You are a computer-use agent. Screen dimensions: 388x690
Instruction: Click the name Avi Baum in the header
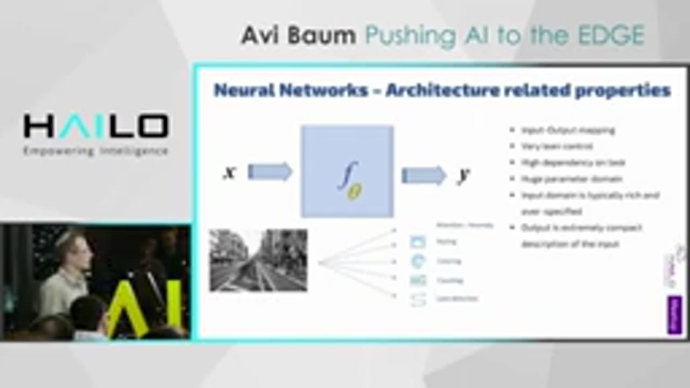pos(298,36)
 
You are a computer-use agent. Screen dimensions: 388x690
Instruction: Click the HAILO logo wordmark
pos(96,126)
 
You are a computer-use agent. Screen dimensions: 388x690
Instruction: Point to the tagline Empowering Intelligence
pos(96,151)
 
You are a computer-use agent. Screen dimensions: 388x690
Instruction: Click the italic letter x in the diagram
pos(230,172)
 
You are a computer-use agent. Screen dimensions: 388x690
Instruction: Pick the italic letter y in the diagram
pos(463,176)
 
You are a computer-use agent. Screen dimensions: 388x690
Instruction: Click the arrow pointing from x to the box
pos(270,172)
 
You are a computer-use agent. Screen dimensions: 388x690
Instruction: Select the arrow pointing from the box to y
pos(424,175)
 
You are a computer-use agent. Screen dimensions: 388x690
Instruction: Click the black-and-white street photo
pos(258,260)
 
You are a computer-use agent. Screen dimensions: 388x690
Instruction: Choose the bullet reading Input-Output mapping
pos(568,130)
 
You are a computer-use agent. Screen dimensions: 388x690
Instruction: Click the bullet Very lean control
pos(557,146)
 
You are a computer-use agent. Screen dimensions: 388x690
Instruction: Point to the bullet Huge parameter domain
pos(564,178)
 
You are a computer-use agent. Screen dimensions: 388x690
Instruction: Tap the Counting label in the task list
pos(450,280)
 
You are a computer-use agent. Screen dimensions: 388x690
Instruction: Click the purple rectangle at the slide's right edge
pos(674,314)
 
